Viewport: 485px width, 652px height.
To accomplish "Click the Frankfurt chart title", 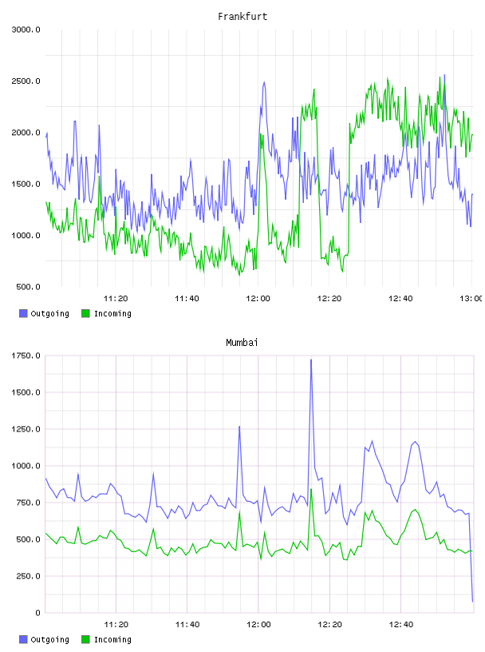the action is [242, 17].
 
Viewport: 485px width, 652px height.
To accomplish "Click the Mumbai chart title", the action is [242, 343].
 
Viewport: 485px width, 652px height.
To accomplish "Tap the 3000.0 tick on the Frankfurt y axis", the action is [26, 30].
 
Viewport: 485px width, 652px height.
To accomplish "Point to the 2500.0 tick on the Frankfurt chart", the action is [26, 81].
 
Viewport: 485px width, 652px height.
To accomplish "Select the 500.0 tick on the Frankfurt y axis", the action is [28, 287].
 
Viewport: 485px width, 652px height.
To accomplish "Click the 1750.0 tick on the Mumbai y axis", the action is [26, 356].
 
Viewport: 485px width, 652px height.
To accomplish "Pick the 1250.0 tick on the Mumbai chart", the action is [26, 429].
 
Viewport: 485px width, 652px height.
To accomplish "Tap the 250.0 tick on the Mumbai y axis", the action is [28, 576].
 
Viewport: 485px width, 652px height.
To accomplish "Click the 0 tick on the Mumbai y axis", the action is [37, 613].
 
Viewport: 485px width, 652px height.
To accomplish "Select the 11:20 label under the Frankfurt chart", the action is [116, 298].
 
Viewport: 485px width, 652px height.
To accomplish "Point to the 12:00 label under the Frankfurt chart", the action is [258, 298].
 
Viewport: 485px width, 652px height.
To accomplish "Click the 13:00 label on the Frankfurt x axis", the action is [471, 298].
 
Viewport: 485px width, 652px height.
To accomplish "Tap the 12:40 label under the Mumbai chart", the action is [401, 624].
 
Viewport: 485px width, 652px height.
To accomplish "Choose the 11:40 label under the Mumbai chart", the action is [187, 624].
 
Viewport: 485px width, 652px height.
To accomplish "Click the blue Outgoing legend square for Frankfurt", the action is [23, 313].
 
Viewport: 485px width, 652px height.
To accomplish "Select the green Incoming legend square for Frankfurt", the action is [85, 313].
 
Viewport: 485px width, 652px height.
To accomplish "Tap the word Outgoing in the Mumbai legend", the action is [49, 639].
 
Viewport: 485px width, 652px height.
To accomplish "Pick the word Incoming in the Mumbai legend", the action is [112, 639].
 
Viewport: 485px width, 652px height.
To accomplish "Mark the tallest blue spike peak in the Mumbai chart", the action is [311, 360].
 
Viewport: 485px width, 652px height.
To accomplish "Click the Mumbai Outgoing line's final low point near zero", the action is [472, 602].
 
